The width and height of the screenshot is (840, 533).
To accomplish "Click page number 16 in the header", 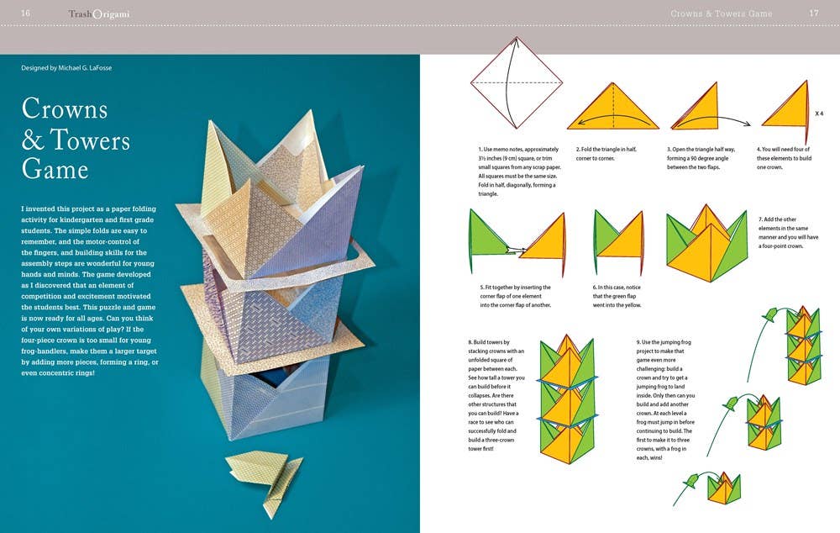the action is click(25, 13).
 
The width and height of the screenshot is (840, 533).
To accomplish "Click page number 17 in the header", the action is click(814, 13).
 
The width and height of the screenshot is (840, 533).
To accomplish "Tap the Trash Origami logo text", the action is click(99, 14).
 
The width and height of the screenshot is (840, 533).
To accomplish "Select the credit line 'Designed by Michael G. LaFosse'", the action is click(66, 68).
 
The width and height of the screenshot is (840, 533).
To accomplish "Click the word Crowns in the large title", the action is click(65, 108).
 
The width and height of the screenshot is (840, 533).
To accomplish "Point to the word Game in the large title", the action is click(55, 169).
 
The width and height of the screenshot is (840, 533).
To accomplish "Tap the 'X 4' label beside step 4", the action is click(819, 113).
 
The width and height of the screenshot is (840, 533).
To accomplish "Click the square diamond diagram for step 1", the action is click(517, 82).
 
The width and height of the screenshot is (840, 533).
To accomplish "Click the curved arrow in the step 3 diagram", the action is click(712, 120).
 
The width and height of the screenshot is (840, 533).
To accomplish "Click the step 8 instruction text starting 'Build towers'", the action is click(496, 395).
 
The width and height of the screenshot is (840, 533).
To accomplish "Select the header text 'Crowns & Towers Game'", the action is click(721, 13).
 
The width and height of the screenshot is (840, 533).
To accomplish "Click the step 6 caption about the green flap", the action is click(617, 296).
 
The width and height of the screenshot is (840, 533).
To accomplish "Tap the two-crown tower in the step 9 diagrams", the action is click(764, 422).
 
